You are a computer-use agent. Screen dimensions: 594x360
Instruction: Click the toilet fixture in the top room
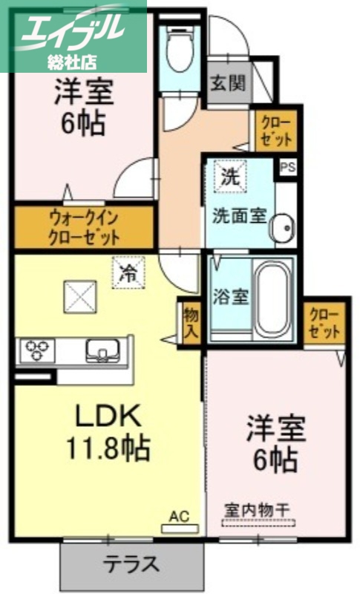pos(178,48)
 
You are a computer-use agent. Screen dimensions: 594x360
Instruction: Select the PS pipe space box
pos(288,167)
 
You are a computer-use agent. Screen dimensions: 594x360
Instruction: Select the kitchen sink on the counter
pos(99,350)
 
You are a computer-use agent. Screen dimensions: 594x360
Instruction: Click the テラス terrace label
pos(131,564)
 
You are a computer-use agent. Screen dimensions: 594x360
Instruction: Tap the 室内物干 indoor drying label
pos(257,511)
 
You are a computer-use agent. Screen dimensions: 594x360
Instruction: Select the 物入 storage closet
pos(190,321)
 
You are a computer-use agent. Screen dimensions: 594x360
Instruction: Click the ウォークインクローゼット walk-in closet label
pos(84,229)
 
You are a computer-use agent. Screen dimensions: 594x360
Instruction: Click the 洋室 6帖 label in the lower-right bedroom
pos(275,446)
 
